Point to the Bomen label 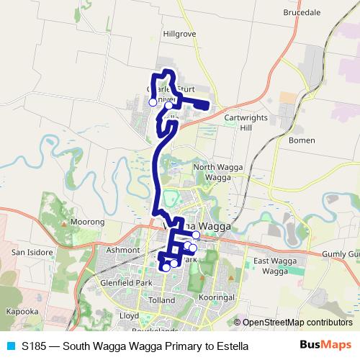tap(302, 140)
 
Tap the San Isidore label tap(31, 253)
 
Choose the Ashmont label tap(123, 250)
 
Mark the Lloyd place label tap(129, 315)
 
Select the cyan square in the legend tap(9, 346)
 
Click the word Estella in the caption tap(231, 346)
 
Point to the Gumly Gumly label tap(341, 254)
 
